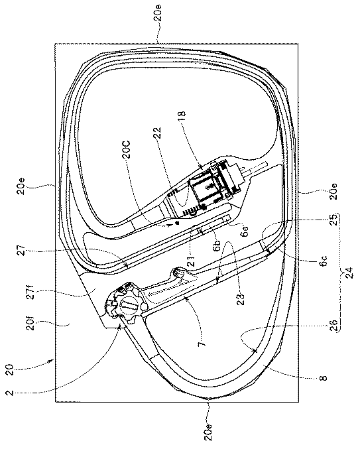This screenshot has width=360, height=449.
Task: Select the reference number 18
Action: pyautogui.click(x=182, y=117)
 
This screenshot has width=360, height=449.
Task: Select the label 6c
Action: pyautogui.click(x=324, y=261)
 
